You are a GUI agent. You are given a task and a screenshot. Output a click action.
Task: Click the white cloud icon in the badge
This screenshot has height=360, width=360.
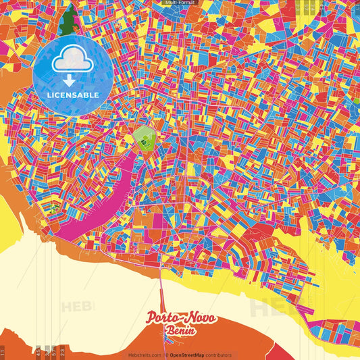coord(73,61)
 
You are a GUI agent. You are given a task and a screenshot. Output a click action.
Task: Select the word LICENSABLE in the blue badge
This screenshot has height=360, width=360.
coord(73,94)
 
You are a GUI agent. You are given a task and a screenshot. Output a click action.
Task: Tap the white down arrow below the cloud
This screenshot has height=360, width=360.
coord(73,79)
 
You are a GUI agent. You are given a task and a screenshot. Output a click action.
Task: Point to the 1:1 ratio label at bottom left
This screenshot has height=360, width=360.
coord(3,351)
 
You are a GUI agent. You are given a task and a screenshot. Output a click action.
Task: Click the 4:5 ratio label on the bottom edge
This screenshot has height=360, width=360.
coord(38,351)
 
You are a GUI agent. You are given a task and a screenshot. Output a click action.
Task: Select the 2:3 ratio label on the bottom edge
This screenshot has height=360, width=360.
coord(61,351)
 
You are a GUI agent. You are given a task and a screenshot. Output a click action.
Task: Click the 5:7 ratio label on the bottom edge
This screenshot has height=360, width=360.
coord(53,351)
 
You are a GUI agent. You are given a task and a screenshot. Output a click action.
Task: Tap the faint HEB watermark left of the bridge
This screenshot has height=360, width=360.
coord(78,306)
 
